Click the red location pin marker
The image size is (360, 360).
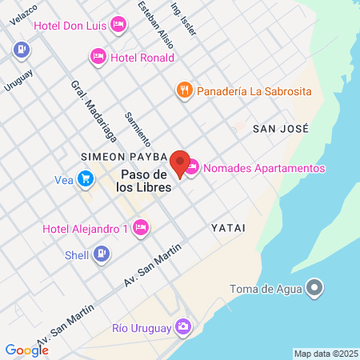(180, 162)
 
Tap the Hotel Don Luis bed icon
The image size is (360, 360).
(118, 25)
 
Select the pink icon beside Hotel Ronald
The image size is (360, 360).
(98, 57)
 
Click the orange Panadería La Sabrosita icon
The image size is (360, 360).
(184, 90)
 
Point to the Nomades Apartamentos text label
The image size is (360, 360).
(265, 168)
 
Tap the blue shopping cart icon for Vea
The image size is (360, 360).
(85, 179)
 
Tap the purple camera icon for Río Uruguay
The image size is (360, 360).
(183, 327)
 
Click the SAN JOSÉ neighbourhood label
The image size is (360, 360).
(280, 128)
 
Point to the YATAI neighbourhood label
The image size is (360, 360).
(228, 228)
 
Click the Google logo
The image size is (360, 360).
(26, 350)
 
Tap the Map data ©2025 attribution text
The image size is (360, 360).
(326, 354)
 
